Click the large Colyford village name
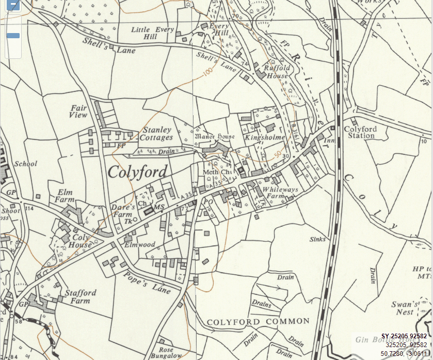pos(137,172)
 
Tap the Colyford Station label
pos(360,132)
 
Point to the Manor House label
pos(214,137)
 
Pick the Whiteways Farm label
pos(280,193)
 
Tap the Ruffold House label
pos(276,72)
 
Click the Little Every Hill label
pos(152,34)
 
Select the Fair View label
pos(79,112)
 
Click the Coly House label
pos(79,241)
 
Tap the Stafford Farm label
pos(80,296)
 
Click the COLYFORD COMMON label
pos(258,321)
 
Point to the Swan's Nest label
pos(405,308)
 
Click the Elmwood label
pos(139,244)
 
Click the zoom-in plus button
pos(13,6)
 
